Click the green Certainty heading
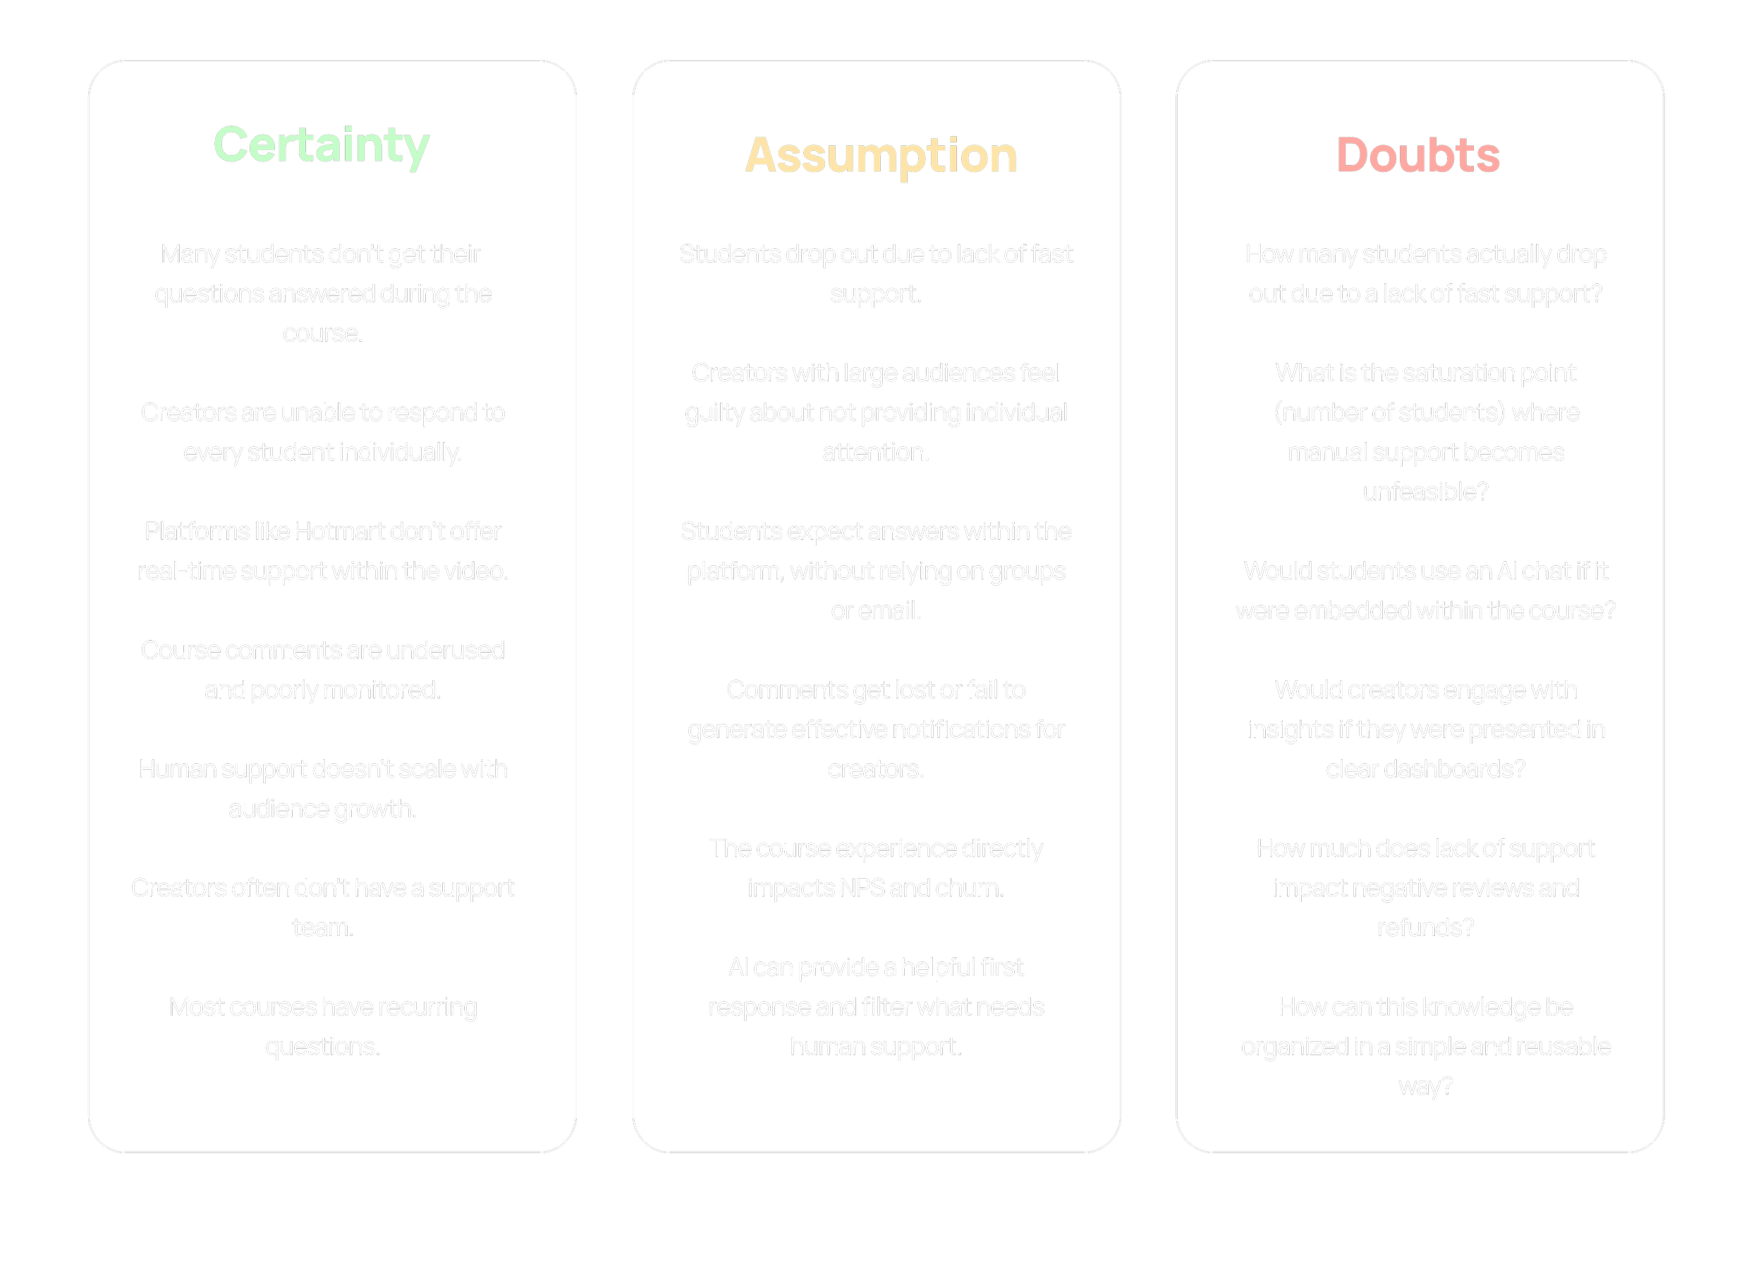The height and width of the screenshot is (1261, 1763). pos(322,145)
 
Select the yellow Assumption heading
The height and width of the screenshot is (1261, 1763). pos(881,156)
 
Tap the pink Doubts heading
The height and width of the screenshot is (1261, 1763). pos(1417,155)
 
